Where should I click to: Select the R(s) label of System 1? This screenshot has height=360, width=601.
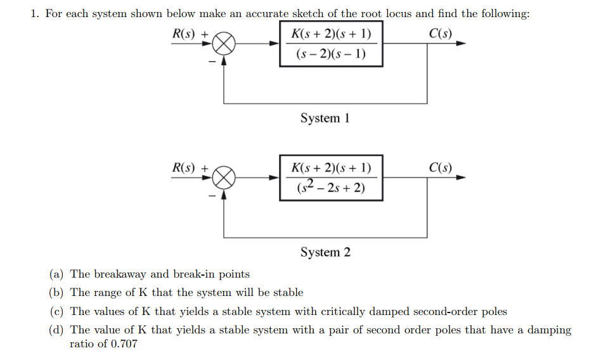(184, 34)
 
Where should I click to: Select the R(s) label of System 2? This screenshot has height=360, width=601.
(184, 167)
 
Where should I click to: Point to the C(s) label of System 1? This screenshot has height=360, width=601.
(441, 34)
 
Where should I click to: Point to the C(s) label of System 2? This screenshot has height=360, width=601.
(441, 167)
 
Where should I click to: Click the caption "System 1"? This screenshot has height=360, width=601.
(325, 118)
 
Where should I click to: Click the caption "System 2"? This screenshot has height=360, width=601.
(325, 252)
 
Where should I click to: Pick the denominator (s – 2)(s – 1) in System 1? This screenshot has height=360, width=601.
(331, 54)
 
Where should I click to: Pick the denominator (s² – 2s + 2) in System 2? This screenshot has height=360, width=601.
(331, 187)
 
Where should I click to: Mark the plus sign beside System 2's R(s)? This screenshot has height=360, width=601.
(205, 168)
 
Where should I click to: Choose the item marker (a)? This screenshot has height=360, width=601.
(56, 274)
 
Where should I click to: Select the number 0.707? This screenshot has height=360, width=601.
(124, 344)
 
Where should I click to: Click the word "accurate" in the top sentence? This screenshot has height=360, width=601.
(267, 14)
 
